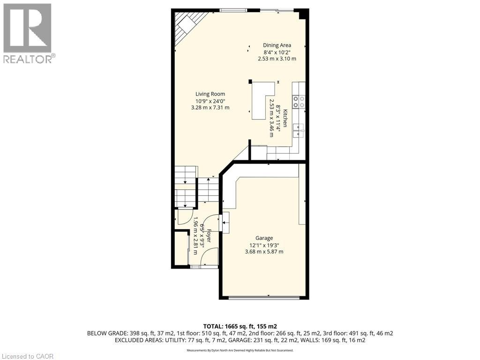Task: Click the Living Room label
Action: click(x=210, y=94)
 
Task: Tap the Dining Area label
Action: click(x=277, y=45)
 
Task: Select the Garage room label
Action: click(x=264, y=238)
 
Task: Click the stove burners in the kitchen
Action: click(x=299, y=102)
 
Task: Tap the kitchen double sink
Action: click(x=299, y=130)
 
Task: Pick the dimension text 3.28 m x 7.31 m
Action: click(x=210, y=107)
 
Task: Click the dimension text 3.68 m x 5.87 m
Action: click(x=264, y=251)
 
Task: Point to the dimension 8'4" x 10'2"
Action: click(x=277, y=52)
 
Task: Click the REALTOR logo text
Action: click(x=29, y=59)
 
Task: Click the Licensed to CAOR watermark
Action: click(x=28, y=356)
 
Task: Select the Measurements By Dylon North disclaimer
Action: click(x=240, y=350)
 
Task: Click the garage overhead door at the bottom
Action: click(x=264, y=297)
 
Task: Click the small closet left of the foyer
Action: click(x=181, y=248)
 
